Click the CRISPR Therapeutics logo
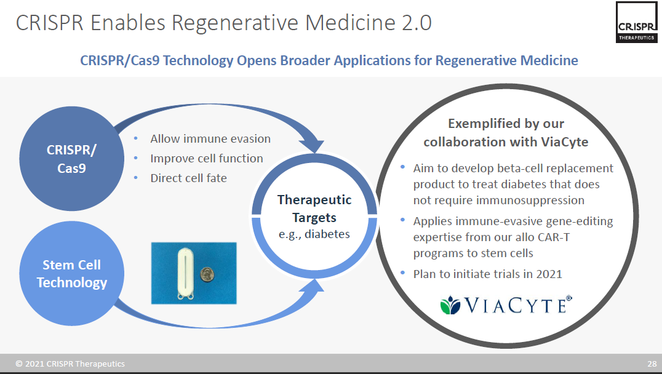click(637, 22)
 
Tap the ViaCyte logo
click(506, 304)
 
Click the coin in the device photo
click(207, 275)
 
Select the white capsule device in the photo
click(185, 274)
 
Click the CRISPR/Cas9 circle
click(72, 159)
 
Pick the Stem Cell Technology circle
click(72, 274)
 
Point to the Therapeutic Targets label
click(314, 209)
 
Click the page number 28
click(652, 364)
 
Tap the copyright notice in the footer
click(70, 364)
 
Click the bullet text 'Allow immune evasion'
click(210, 139)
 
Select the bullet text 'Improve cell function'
click(207, 158)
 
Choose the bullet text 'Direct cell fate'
click(188, 178)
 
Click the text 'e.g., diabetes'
click(314, 234)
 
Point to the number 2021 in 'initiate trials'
click(549, 274)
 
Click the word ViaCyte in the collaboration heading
click(564, 142)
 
